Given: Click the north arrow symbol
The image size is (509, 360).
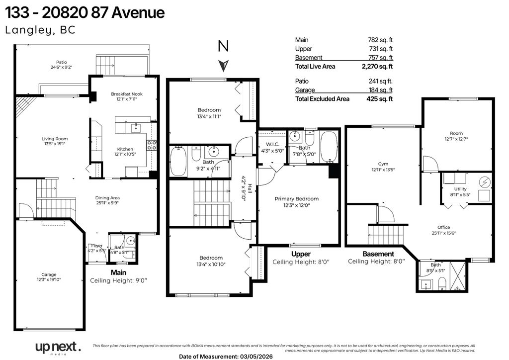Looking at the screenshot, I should [224, 65].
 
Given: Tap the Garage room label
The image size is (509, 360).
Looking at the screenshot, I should [49, 274].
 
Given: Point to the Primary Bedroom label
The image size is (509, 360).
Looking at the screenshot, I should [296, 199].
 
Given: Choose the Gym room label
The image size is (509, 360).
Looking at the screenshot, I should [383, 164].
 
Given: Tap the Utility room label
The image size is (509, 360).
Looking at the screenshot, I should [460, 189].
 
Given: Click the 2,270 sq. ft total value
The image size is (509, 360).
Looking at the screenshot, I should [377, 66].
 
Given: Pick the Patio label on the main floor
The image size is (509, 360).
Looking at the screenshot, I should [61, 62].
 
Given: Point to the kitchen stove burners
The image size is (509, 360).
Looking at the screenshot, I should [152, 145].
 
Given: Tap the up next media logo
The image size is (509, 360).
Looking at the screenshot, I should [57, 347].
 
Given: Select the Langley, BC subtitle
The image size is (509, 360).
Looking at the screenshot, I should [40, 30].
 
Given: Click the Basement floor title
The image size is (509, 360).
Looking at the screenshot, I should [378, 254].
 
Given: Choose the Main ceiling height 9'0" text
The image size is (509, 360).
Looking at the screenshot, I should [118, 280].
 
